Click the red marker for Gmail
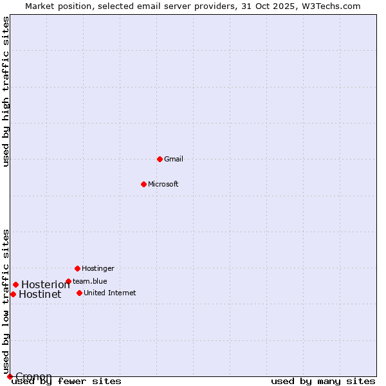pos(160,159)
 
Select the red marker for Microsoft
pos(143,184)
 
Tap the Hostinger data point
pos(77,268)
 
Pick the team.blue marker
pos(68,281)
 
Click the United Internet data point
pos(79,293)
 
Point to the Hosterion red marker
pos(15,284)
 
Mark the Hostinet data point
pos(13,294)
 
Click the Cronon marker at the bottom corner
pos(10,376)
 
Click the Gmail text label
pos(174,159)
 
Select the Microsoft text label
pos(163,184)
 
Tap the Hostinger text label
pos(98,268)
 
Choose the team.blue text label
pos(90,281)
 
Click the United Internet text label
pos(110,293)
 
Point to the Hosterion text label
pos(45,285)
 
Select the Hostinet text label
pos(40,295)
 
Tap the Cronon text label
pos(33,376)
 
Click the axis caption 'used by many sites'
pos(323,381)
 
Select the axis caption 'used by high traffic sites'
pos(6,91)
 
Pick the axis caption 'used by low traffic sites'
pos(6,301)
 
